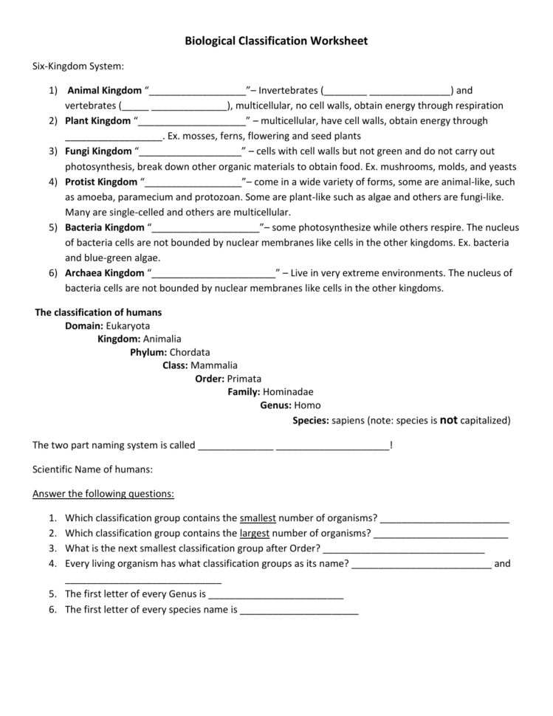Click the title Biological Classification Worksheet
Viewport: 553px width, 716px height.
click(x=276, y=41)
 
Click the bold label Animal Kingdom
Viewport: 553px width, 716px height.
click(x=104, y=91)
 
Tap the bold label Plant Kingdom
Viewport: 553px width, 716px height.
click(x=97, y=121)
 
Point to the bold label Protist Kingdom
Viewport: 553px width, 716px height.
click(x=101, y=182)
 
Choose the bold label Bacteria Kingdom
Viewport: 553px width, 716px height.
click(x=105, y=227)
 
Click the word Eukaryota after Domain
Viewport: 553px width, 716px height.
click(x=128, y=326)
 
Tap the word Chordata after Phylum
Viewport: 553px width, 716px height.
click(x=190, y=352)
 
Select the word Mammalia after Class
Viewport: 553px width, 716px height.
click(x=214, y=365)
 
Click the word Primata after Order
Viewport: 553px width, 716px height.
click(x=244, y=379)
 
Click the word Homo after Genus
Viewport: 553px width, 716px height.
click(x=307, y=405)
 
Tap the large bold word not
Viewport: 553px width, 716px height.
click(x=449, y=419)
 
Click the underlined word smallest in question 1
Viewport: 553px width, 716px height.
click(x=258, y=517)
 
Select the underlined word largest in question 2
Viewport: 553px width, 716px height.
click(x=255, y=533)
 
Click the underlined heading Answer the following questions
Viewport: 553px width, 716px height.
click(x=103, y=493)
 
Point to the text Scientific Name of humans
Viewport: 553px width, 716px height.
click(x=93, y=469)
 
